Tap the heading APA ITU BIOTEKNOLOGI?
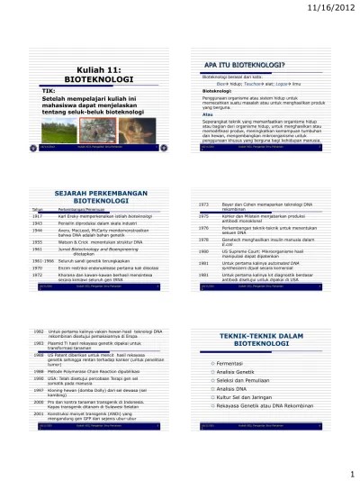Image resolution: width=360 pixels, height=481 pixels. (x=241, y=66)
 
